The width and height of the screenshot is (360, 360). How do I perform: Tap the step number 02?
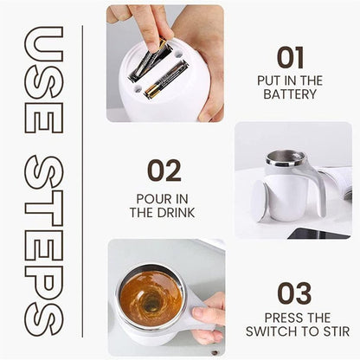(164, 170)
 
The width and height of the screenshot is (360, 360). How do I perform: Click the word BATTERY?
(290, 94)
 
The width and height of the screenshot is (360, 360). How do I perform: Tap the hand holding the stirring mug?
(210, 317)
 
